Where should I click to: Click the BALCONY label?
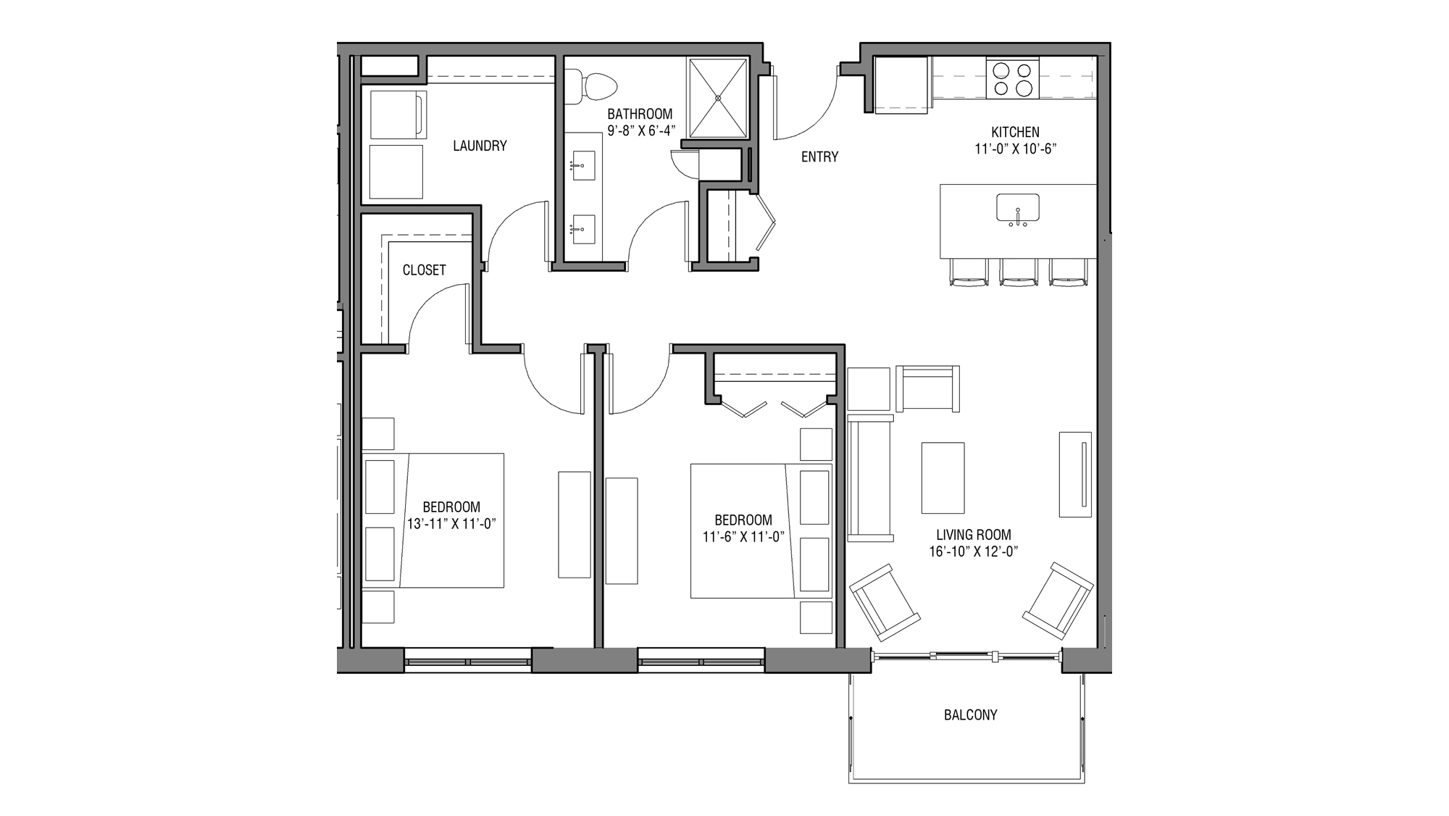[970, 715]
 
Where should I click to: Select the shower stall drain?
[718, 98]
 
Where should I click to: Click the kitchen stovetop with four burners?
[1012, 80]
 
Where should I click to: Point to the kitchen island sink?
[1017, 208]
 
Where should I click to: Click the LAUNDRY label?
[480, 146]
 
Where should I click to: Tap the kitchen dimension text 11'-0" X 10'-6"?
[1016, 149]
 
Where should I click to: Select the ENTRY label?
[819, 157]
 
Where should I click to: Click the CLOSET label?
[424, 270]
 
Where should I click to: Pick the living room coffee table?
[943, 478]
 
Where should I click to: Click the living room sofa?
[869, 478]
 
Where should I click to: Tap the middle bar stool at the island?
[1018, 272]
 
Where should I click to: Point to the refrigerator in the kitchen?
[901, 84]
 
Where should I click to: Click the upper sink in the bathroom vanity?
[582, 166]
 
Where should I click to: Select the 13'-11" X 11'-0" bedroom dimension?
[451, 523]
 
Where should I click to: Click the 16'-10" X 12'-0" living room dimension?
[974, 551]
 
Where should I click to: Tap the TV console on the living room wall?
[1075, 474]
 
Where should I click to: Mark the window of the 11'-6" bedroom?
[701, 661]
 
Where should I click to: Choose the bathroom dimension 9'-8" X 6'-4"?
[640, 131]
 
